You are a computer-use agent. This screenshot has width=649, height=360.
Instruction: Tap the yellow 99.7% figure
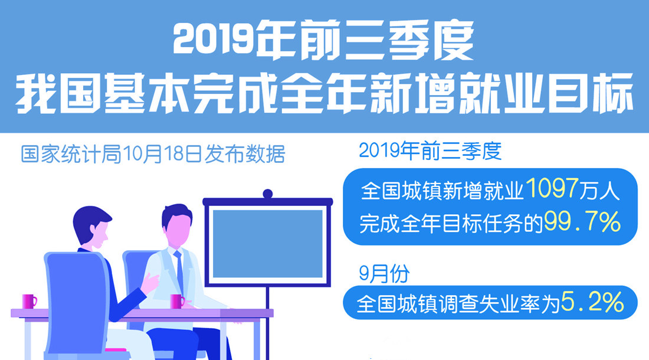tap(582, 222)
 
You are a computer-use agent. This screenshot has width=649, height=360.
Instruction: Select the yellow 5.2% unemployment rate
tap(592, 302)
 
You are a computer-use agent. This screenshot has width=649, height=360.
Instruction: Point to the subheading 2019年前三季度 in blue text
tap(430, 150)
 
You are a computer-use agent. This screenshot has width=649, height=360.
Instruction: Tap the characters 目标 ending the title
tap(591, 93)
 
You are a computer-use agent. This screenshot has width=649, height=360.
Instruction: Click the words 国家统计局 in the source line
tap(71, 154)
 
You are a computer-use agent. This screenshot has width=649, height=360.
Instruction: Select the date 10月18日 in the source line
tap(163, 154)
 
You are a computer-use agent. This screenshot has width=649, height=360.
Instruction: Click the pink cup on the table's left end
tap(29, 301)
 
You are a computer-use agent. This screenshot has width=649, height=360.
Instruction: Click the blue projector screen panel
tap(267, 243)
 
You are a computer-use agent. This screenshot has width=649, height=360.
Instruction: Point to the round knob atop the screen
tap(268, 194)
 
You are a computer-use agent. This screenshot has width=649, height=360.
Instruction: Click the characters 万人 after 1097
tap(599, 190)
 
